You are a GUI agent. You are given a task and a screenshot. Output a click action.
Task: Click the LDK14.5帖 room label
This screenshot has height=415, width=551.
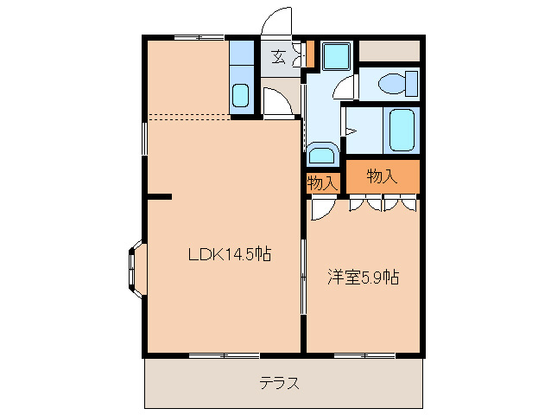pyautogui.click(x=231, y=254)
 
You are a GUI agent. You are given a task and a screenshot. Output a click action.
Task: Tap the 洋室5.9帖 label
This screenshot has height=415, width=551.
pyautogui.click(x=363, y=278)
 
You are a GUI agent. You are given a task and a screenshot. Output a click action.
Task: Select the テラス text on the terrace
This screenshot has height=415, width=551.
pyautogui.click(x=280, y=383)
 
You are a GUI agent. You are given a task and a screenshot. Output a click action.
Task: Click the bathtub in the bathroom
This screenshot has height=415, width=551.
pyautogui.click(x=402, y=130)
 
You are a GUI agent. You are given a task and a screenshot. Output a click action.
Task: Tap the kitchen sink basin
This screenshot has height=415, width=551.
pyautogui.click(x=241, y=94)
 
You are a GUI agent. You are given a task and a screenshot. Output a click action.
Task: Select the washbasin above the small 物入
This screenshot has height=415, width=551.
pyautogui.click(x=321, y=155)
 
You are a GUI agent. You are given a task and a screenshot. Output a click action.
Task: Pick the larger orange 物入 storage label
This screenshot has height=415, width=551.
pyautogui.click(x=382, y=176)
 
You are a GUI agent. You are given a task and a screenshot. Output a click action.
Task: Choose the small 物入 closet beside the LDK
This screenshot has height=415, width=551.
pyautogui.click(x=322, y=183)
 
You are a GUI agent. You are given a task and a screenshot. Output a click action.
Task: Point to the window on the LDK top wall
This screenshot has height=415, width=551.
pyautogui.click(x=198, y=37)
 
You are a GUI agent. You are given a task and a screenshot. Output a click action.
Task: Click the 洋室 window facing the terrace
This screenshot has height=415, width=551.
pyautogui.click(x=364, y=354)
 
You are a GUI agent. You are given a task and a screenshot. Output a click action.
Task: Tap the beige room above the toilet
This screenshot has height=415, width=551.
pyautogui.click(x=389, y=51)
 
